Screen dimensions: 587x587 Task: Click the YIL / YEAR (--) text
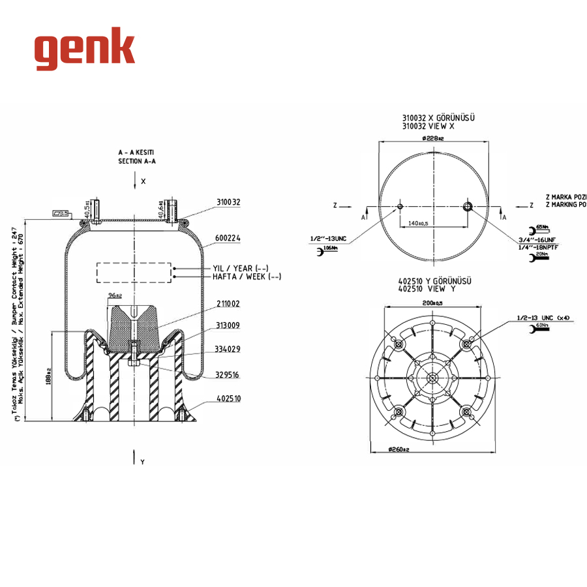[x=241, y=268]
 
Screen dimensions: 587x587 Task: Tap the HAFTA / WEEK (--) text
[x=247, y=277]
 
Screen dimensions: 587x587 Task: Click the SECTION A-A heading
[x=137, y=160]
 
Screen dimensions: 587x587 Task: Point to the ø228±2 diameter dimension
[x=433, y=138]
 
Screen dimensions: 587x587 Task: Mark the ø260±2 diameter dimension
[x=433, y=449]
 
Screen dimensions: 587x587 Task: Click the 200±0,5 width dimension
[x=432, y=304]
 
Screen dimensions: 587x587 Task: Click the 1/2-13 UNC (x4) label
[x=543, y=318]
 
